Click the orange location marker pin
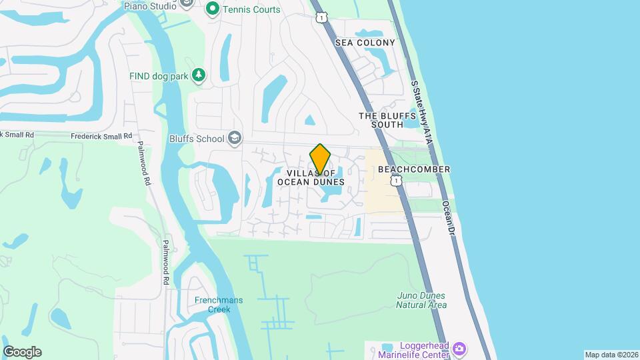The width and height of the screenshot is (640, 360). (x=320, y=159)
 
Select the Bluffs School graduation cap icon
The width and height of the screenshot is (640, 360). (x=234, y=138)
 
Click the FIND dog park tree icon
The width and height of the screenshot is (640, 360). (x=198, y=75)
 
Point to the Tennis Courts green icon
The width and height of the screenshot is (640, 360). (x=213, y=9)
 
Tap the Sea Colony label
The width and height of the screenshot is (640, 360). (x=365, y=43)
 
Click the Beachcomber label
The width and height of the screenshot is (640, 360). (x=413, y=169)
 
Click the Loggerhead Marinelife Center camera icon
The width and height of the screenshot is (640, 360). (x=459, y=349)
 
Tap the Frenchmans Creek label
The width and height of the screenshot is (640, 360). (x=218, y=305)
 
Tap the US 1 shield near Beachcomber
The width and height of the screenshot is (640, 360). (x=397, y=181)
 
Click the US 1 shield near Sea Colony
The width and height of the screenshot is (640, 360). (x=321, y=17)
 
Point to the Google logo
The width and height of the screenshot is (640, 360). (x=22, y=352)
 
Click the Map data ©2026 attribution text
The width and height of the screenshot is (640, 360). (x=611, y=355)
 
